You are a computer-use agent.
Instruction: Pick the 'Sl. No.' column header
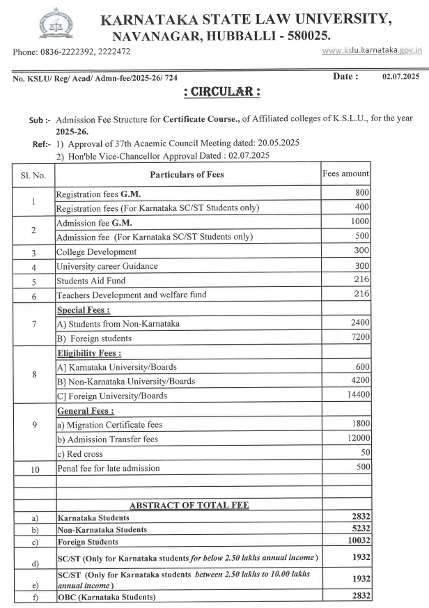(33, 174)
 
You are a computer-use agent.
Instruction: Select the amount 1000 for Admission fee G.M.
(359, 221)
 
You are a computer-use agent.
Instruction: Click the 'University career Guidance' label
(107, 265)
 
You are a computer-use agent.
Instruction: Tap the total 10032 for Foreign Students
(356, 540)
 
